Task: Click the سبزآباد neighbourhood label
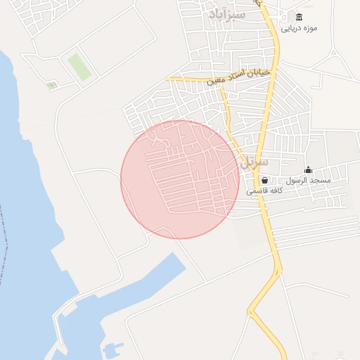[x=227, y=13]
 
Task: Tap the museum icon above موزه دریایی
[x=300, y=18]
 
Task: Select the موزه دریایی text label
[x=300, y=29]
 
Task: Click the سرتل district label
[x=254, y=162]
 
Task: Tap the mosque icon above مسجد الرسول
[x=308, y=170]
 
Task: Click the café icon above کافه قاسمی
[x=264, y=181]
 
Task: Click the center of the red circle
[x=180, y=179]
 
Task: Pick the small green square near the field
[x=51, y=86]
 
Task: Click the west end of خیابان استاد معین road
[x=169, y=79]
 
